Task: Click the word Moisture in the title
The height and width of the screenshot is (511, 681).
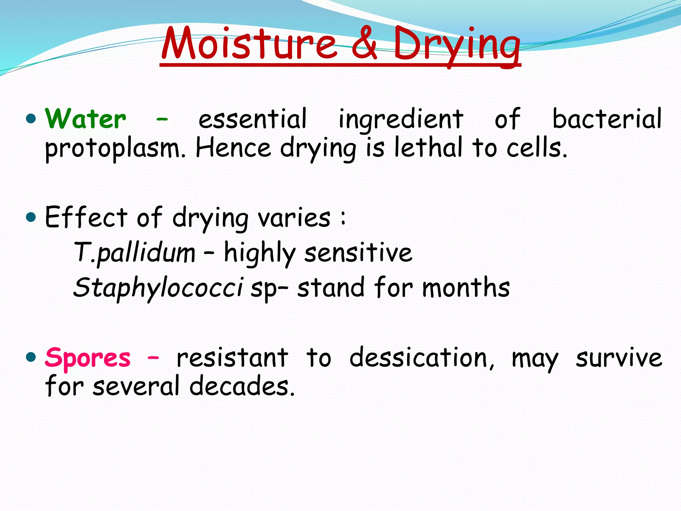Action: pyautogui.click(x=249, y=44)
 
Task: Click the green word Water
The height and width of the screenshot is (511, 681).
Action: pyautogui.click(x=86, y=119)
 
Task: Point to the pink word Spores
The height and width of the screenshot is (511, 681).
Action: pyautogui.click(x=88, y=358)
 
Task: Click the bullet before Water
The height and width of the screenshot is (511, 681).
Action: pyautogui.click(x=31, y=118)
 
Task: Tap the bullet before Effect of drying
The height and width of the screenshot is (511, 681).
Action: pyautogui.click(x=31, y=218)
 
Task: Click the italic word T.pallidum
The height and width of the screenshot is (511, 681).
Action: pyautogui.click(x=134, y=253)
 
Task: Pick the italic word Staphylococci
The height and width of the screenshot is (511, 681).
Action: pyautogui.click(x=158, y=288)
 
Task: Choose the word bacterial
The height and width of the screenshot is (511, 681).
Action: pyautogui.click(x=607, y=119)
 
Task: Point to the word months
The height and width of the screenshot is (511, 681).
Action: pyautogui.click(x=466, y=287)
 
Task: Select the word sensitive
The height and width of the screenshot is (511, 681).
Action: pyautogui.click(x=358, y=253)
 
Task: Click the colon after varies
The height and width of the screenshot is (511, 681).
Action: pyautogui.click(x=343, y=218)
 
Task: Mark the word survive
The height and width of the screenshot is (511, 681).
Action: pyautogui.click(x=619, y=358)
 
